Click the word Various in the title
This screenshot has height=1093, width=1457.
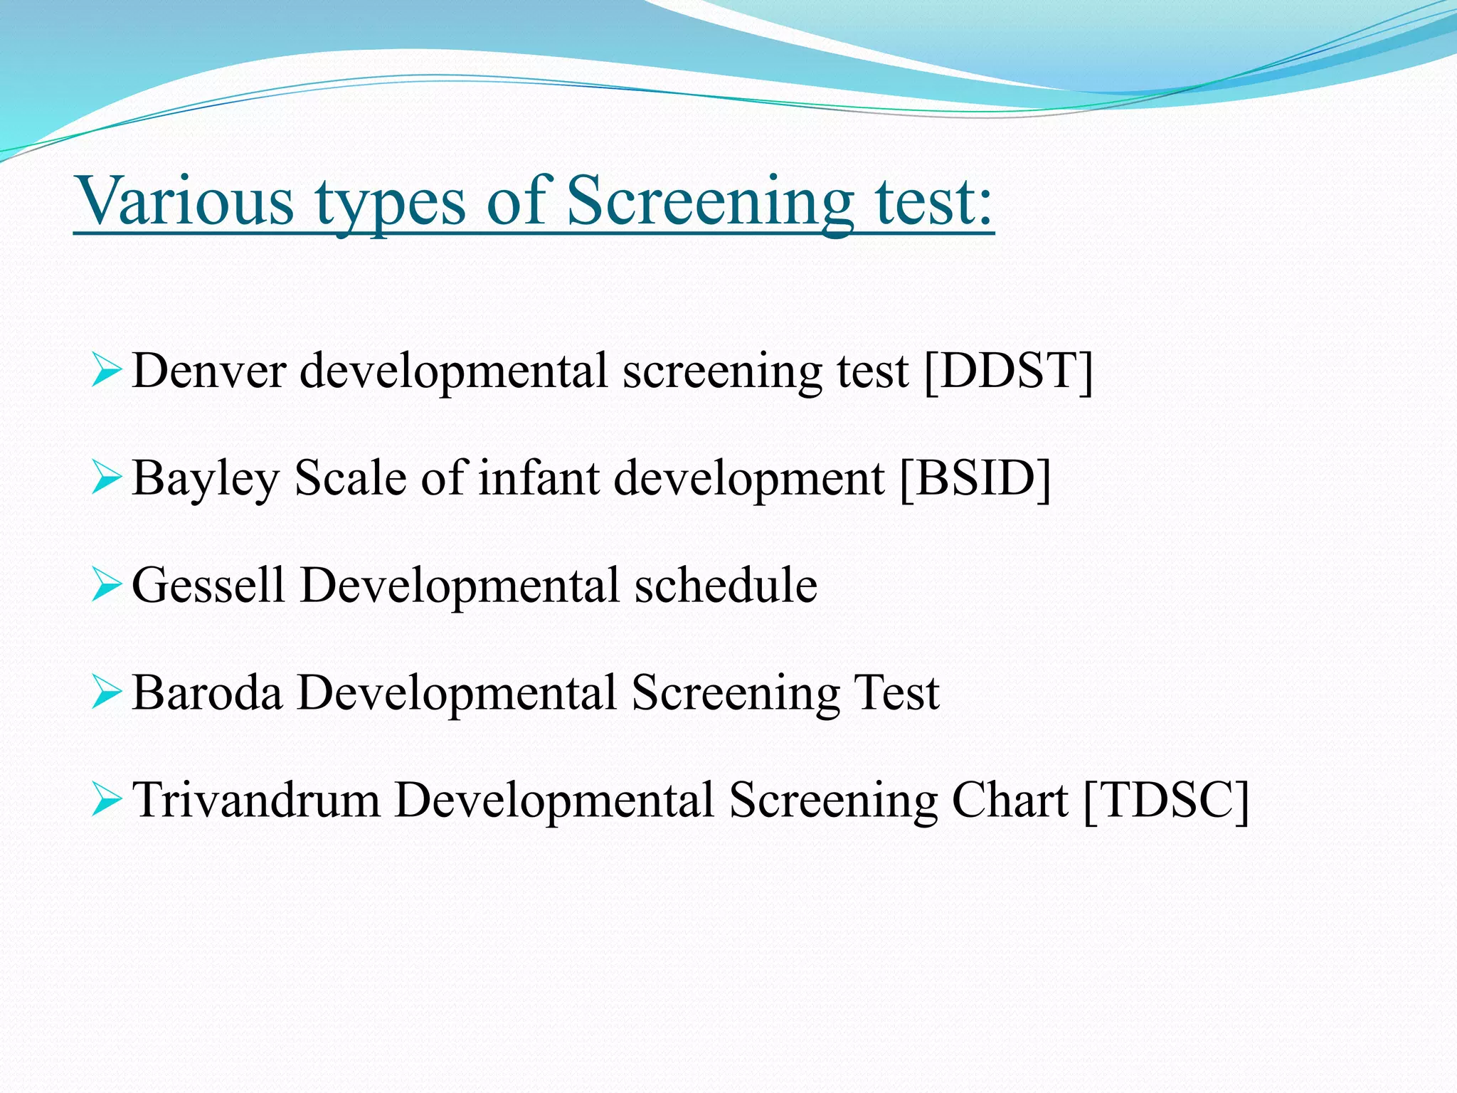[x=184, y=201]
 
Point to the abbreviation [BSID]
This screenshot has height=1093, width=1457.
[x=975, y=477]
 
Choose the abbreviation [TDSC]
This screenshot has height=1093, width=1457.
[x=1166, y=800]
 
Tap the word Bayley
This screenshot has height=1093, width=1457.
[x=206, y=479]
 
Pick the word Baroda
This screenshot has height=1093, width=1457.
[x=207, y=692]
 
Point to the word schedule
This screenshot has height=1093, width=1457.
[x=726, y=586]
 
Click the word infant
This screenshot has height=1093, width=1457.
[x=539, y=477]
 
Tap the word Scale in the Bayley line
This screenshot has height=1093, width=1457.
[x=350, y=477]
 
